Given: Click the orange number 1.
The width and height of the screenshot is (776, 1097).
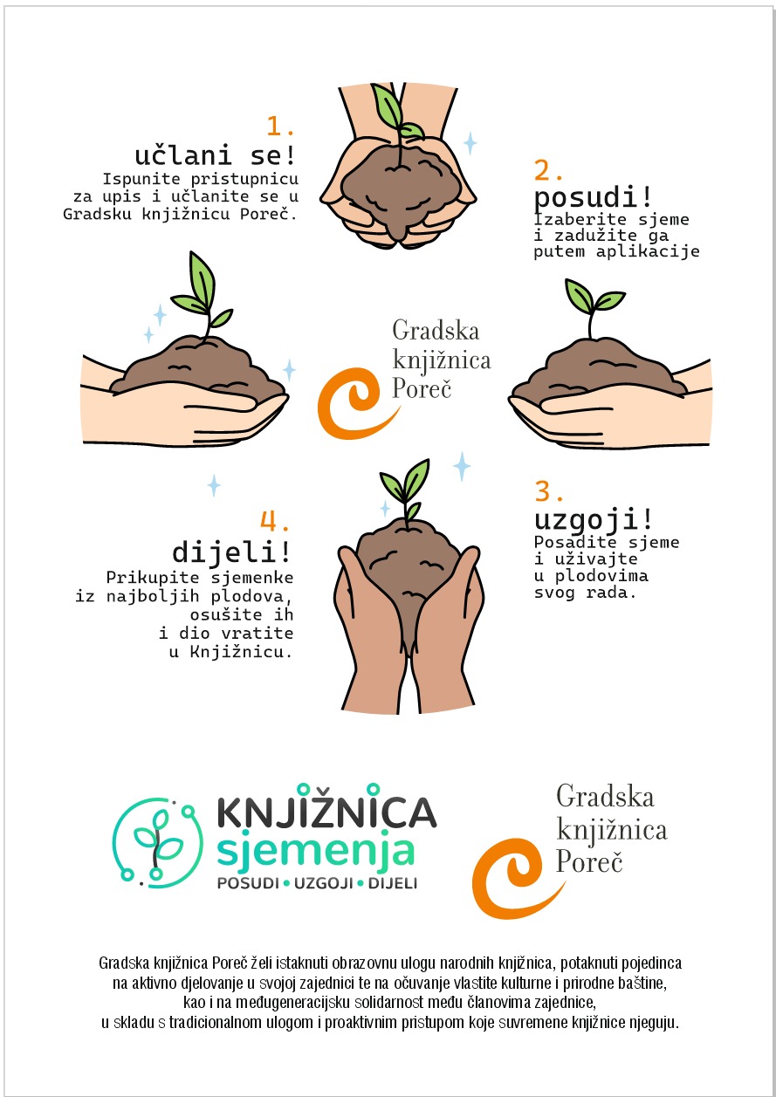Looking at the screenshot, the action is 279,126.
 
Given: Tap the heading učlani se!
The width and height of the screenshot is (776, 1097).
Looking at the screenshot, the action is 216,155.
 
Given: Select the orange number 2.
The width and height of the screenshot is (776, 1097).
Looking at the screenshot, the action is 548,170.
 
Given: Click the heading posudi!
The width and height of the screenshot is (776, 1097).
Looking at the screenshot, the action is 594,197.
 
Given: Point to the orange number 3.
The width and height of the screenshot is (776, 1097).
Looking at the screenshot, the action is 549,490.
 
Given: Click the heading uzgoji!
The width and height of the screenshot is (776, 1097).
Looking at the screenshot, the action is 594,519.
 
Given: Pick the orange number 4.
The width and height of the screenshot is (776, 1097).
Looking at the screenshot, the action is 275,521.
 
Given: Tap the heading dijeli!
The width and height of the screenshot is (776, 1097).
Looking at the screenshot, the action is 231,552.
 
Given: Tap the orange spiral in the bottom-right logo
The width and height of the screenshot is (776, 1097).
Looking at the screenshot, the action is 512,878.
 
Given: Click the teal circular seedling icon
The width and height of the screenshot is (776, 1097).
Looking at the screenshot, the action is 158,843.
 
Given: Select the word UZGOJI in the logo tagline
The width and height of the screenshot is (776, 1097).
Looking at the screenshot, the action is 324,883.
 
